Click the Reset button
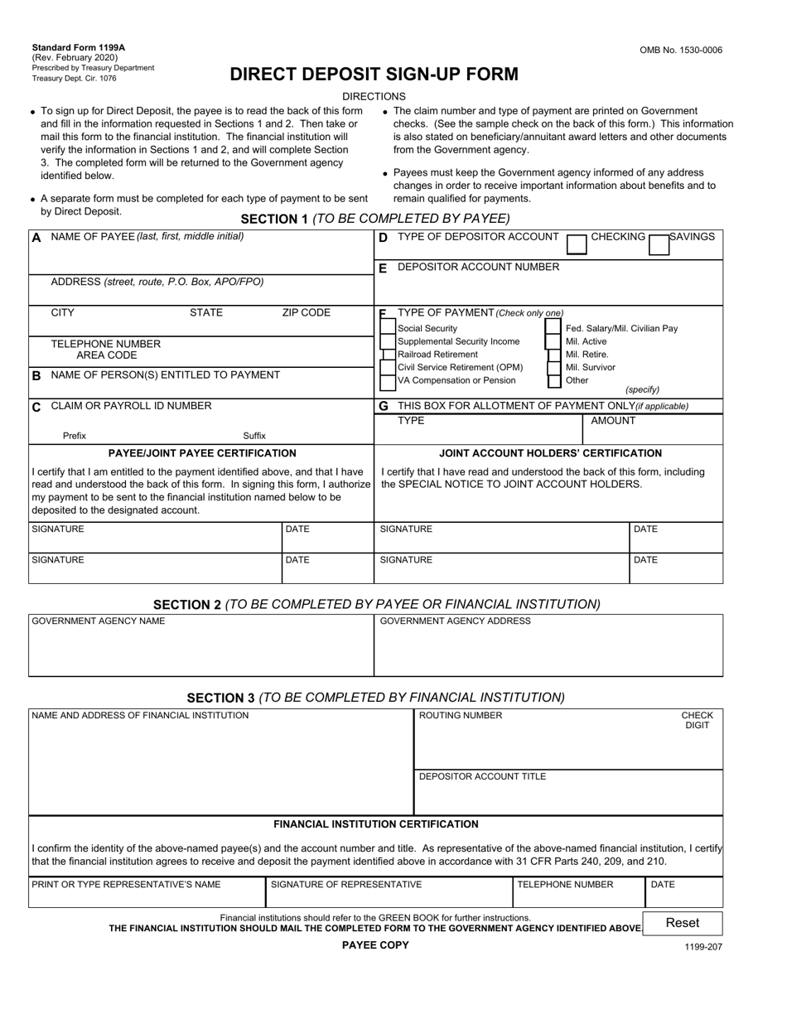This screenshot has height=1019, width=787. [x=683, y=923]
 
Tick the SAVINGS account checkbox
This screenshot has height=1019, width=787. [x=659, y=244]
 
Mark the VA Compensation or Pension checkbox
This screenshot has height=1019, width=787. [x=388, y=382]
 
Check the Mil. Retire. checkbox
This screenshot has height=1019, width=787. [x=554, y=355]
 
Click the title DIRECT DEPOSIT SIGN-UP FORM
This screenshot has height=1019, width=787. [x=374, y=75]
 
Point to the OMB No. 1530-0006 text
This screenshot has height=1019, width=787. [x=680, y=51]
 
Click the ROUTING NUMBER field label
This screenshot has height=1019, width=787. [x=460, y=716]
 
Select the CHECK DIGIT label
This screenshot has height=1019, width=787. [x=697, y=721]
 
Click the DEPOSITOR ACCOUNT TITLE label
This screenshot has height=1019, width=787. [x=482, y=777]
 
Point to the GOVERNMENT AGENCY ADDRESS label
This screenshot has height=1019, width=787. [x=455, y=621]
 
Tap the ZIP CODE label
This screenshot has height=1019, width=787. [x=306, y=313]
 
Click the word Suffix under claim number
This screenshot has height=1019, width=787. [x=254, y=436]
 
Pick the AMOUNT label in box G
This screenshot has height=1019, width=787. [x=613, y=421]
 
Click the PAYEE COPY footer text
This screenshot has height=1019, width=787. [x=375, y=945]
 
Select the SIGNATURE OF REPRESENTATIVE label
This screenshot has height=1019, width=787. [x=346, y=885]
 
